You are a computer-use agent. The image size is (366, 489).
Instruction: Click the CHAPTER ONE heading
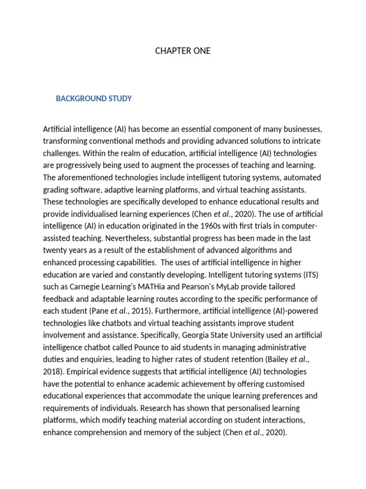[x=183, y=51]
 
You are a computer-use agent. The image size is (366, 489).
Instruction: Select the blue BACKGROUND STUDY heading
[x=94, y=99]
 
